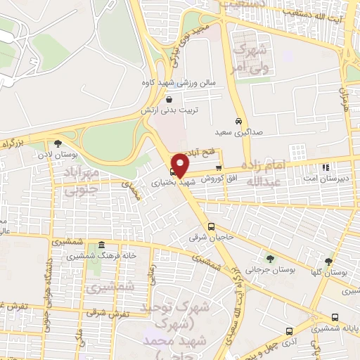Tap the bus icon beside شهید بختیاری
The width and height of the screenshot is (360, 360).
point(173,170)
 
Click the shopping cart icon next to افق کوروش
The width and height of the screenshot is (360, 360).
point(219,168)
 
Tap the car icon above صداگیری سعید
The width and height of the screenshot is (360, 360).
point(239,120)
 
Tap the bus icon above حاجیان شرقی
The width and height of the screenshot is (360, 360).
point(212,226)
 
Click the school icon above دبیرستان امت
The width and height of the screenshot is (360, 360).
point(325,167)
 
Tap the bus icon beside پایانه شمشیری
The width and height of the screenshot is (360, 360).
point(334,317)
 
